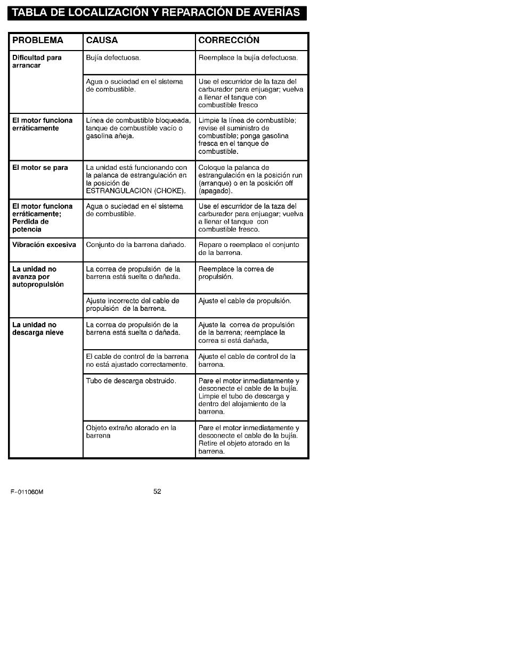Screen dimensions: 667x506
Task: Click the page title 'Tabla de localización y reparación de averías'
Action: point(157,12)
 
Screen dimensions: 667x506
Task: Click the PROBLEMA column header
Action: point(38,40)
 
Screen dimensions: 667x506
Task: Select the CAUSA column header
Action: point(102,40)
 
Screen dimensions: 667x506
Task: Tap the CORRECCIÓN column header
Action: point(228,40)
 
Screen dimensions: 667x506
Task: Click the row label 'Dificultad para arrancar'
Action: point(37,61)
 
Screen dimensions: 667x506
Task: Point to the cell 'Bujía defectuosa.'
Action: point(113,57)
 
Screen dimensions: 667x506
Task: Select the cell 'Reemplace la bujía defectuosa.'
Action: point(248,57)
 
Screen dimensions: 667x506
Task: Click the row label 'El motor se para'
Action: point(40,168)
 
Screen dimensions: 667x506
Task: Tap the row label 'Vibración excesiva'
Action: point(44,245)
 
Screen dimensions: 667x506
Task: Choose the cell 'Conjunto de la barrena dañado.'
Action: point(136,245)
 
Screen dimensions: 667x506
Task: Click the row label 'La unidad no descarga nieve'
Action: point(38,328)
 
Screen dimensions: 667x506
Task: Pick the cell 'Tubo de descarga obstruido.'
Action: point(131,381)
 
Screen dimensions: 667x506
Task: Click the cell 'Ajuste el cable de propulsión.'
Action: point(244,301)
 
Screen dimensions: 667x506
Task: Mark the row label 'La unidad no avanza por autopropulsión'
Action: point(38,277)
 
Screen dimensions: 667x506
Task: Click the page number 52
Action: point(157,491)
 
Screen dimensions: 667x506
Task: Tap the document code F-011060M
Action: point(27,492)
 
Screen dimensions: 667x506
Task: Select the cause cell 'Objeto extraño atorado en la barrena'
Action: point(131,432)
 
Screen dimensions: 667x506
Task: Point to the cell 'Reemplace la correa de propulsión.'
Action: point(236,273)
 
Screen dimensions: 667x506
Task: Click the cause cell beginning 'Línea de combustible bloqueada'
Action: point(138,128)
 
